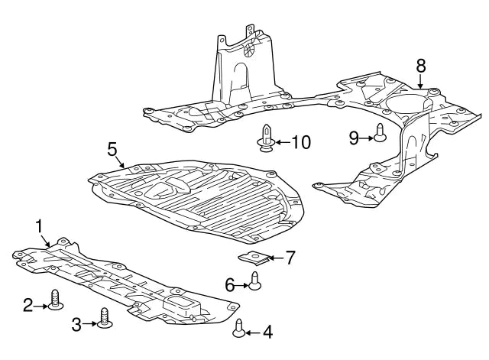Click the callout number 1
(39, 225)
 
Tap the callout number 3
(76, 324)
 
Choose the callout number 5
(112, 149)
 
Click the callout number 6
(228, 285)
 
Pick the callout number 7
(290, 258)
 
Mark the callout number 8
(420, 66)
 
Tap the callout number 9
(354, 137)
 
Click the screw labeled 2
(55, 301)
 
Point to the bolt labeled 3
(104, 319)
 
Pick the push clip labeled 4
(239, 328)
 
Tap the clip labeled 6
(254, 285)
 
